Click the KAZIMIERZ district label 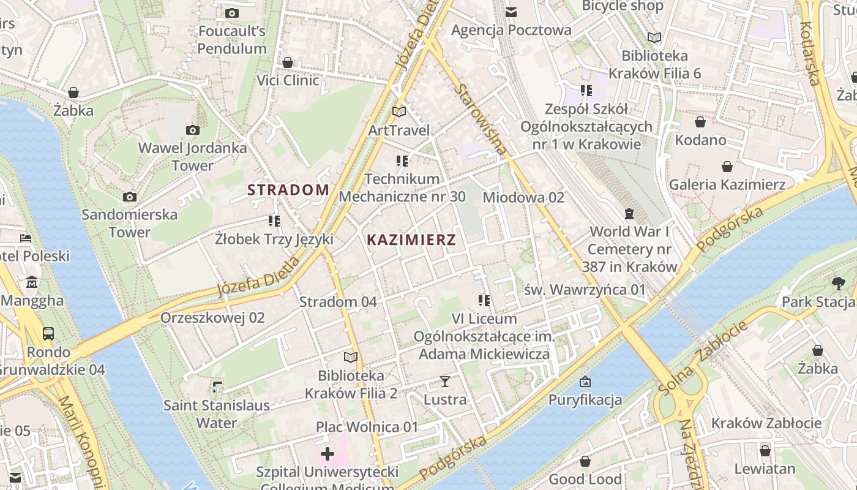pyautogui.click(x=411, y=240)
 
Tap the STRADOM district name pyautogui.click(x=288, y=190)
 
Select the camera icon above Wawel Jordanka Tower pyautogui.click(x=193, y=130)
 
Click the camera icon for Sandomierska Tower pyautogui.click(x=129, y=197)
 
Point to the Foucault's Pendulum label pyautogui.click(x=231, y=40)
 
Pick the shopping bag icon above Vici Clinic pyautogui.click(x=288, y=62)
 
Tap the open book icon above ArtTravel pyautogui.click(x=399, y=112)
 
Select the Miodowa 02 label pyautogui.click(x=523, y=197)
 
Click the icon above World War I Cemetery pyautogui.click(x=629, y=214)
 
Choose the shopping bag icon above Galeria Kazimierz pyautogui.click(x=727, y=167)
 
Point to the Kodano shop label pyautogui.click(x=700, y=140)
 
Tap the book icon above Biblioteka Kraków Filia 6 pyautogui.click(x=654, y=38)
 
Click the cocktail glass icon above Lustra pyautogui.click(x=445, y=382)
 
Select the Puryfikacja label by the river pyautogui.click(x=585, y=400)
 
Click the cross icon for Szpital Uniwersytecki pyautogui.click(x=327, y=454)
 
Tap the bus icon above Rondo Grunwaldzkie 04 pyautogui.click(x=48, y=334)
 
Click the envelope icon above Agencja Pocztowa pyautogui.click(x=511, y=12)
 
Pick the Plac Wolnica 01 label pyautogui.click(x=367, y=427)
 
